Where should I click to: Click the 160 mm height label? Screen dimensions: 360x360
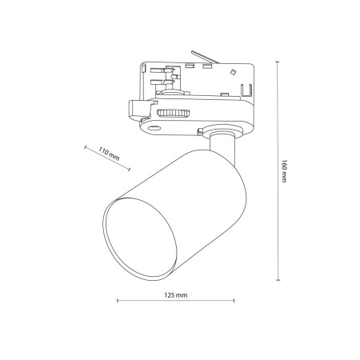point(284,171)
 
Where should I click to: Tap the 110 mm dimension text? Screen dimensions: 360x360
point(108,153)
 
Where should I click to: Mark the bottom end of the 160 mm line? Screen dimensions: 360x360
point(277,281)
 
